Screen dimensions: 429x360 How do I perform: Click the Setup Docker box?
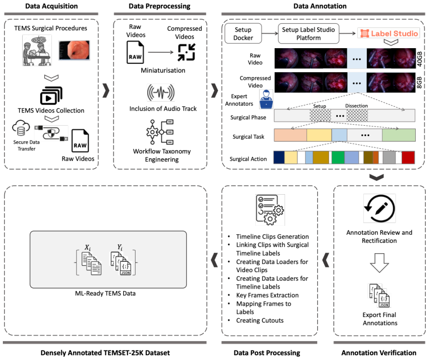click(243, 34)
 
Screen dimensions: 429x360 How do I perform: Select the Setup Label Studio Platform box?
click(308, 34)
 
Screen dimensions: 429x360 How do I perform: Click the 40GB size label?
click(420, 59)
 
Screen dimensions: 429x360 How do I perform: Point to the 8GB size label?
click(420, 82)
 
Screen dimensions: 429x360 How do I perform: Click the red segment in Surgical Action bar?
click(408, 157)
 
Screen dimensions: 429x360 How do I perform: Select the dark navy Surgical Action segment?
click(279, 157)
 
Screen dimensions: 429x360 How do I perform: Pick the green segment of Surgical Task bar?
click(399, 135)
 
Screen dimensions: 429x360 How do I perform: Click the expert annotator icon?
click(266, 99)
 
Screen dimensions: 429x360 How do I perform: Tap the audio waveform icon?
click(160, 93)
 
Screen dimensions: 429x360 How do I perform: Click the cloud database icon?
click(21, 128)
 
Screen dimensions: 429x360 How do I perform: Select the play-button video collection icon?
click(51, 95)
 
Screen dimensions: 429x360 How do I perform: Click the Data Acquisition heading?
click(51, 6)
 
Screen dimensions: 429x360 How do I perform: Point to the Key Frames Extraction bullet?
click(267, 295)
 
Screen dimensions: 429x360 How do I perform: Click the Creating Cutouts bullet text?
click(260, 320)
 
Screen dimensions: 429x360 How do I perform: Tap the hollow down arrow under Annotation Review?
click(379, 263)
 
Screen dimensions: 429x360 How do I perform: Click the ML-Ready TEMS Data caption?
click(105, 293)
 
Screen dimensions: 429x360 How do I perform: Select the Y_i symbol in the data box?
click(120, 247)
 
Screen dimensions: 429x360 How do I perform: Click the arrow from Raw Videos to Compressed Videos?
click(160, 52)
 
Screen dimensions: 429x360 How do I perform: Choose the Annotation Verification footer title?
click(379, 352)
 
